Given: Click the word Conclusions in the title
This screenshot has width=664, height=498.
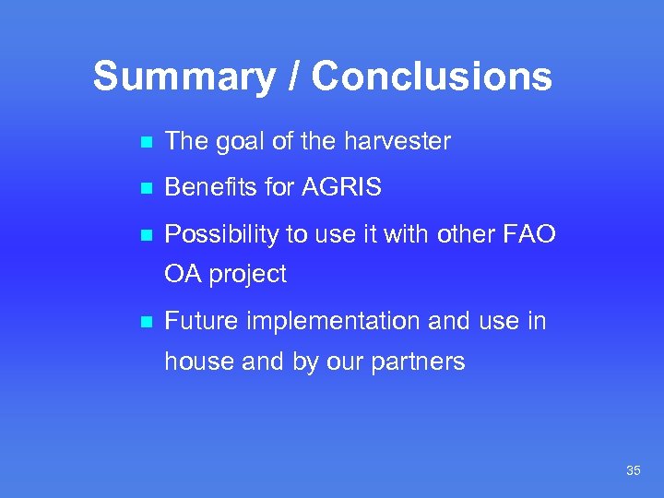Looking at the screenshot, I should click(432, 77).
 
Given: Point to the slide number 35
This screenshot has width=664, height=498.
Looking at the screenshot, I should click(633, 471).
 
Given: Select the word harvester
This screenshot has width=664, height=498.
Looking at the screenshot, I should click(397, 141).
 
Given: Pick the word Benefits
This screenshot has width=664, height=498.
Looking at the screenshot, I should click(211, 188).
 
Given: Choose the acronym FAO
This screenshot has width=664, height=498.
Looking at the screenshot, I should click(530, 234).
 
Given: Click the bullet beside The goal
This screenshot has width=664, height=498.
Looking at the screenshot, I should click(142, 142).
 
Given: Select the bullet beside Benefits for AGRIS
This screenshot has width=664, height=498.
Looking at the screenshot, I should click(142, 189).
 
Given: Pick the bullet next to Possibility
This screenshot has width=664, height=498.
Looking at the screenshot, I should click(142, 235).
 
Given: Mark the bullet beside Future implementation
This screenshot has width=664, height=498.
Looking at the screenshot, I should click(142, 322).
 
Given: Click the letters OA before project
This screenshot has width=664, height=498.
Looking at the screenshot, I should click(184, 274).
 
